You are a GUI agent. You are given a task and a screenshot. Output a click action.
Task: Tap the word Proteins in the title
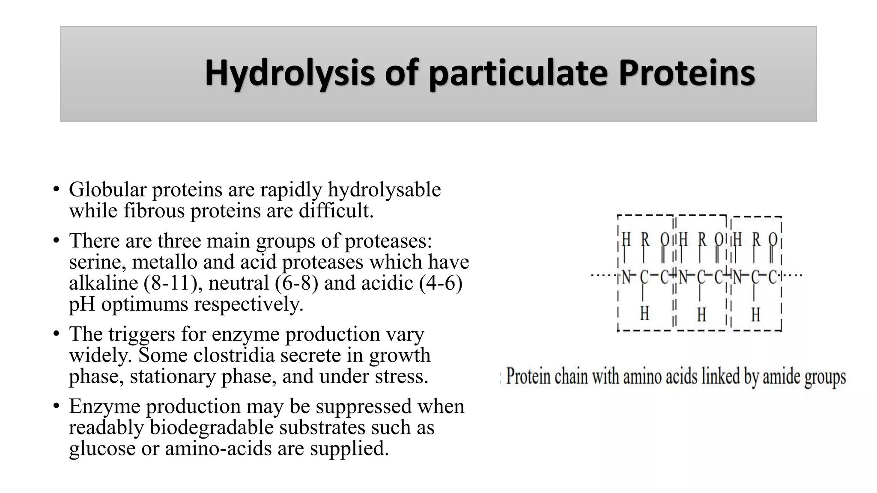point(686,73)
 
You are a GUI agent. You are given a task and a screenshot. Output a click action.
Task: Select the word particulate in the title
point(518,74)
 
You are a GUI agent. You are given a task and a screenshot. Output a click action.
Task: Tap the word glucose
point(102,448)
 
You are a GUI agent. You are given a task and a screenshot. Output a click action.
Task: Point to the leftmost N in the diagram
point(626,277)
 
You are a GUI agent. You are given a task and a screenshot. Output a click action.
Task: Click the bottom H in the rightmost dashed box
point(755,315)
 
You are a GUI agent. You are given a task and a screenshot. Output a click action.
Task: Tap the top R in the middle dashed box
point(702,240)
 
